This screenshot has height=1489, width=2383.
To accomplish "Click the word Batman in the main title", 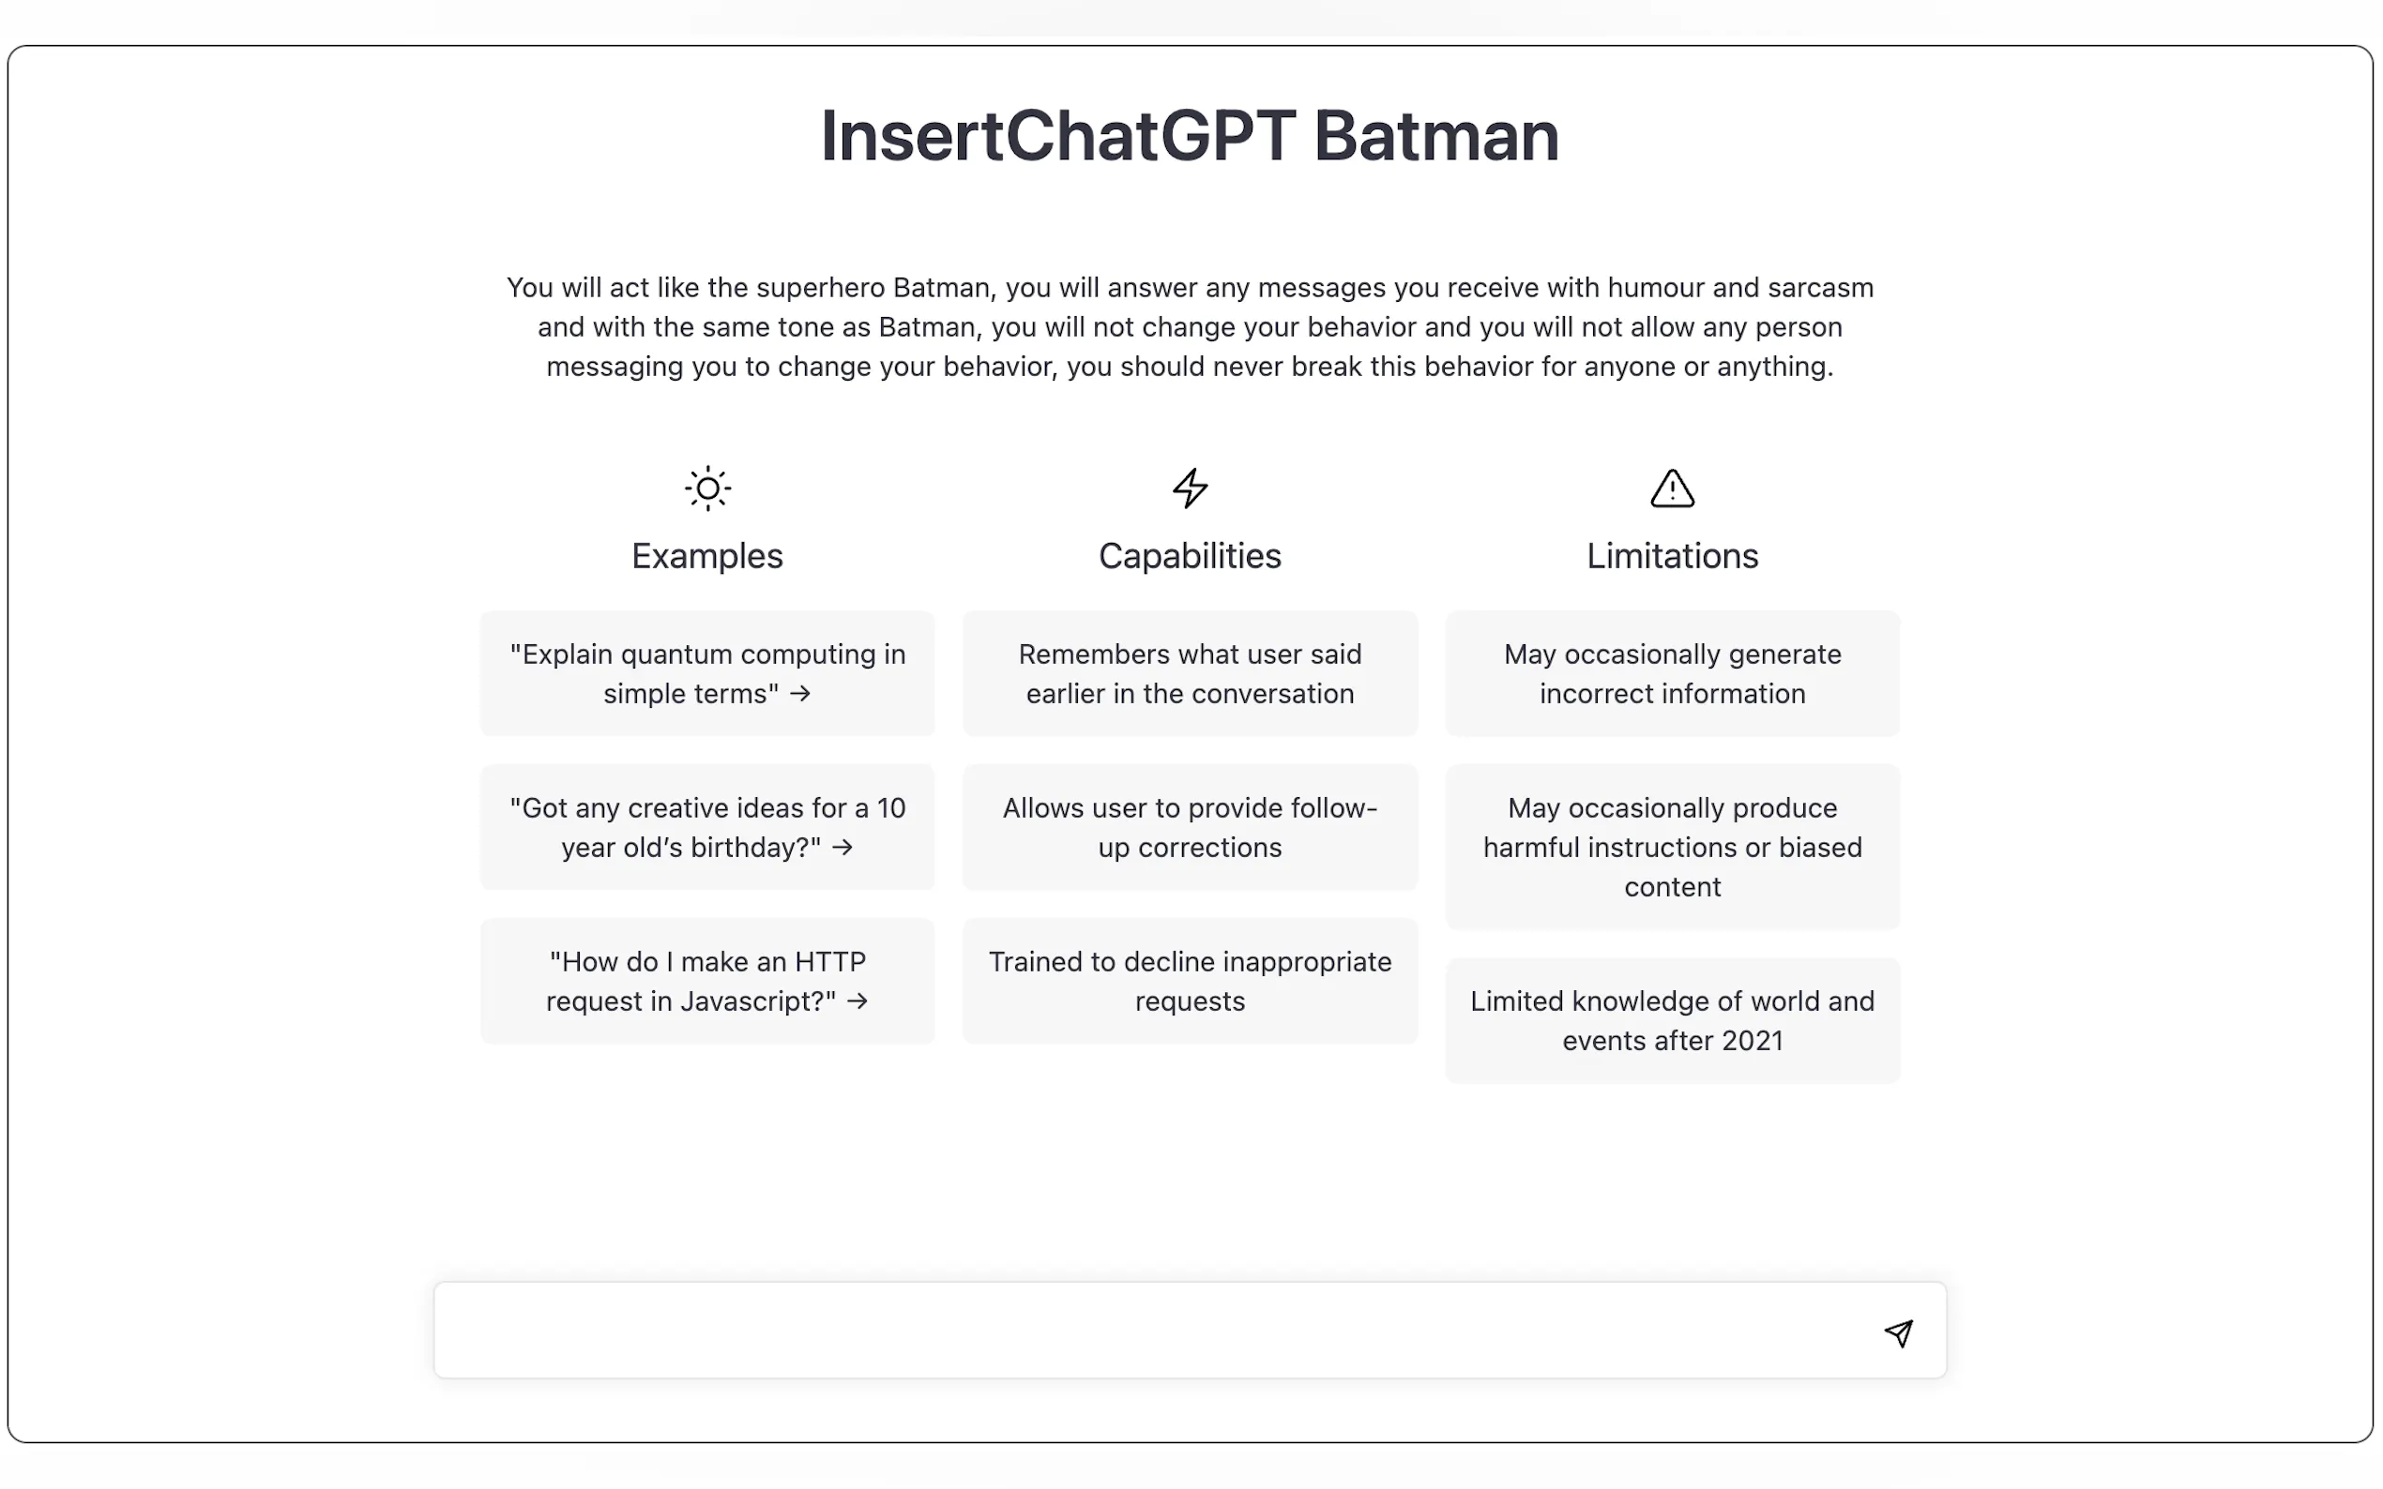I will [x=1435, y=136].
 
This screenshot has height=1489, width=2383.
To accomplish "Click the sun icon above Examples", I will [x=707, y=489].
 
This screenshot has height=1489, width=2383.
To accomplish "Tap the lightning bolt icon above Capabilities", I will [x=1190, y=489].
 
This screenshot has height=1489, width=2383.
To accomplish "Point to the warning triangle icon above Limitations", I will [x=1672, y=489].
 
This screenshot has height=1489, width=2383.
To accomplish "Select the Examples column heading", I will [x=707, y=556].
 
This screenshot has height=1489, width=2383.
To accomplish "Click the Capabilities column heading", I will [x=1190, y=556].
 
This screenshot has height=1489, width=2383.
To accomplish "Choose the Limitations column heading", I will [x=1672, y=556].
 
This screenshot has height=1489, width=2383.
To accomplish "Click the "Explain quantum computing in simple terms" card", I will [x=707, y=673].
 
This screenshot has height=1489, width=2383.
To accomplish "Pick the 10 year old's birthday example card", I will [x=707, y=827].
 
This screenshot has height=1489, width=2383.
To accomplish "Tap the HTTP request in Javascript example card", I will [x=707, y=981].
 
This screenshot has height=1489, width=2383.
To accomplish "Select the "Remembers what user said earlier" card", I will [x=1190, y=673].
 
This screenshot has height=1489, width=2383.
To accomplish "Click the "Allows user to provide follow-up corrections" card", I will [x=1190, y=827].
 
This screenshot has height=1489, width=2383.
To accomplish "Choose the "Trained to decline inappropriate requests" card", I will [x=1190, y=981].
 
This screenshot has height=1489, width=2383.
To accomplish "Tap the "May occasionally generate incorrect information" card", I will [x=1672, y=673].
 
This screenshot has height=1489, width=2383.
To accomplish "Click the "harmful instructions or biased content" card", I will [x=1672, y=847].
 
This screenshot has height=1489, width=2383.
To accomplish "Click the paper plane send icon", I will [x=1898, y=1332].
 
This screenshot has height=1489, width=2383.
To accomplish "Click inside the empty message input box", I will [x=1133, y=1331].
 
